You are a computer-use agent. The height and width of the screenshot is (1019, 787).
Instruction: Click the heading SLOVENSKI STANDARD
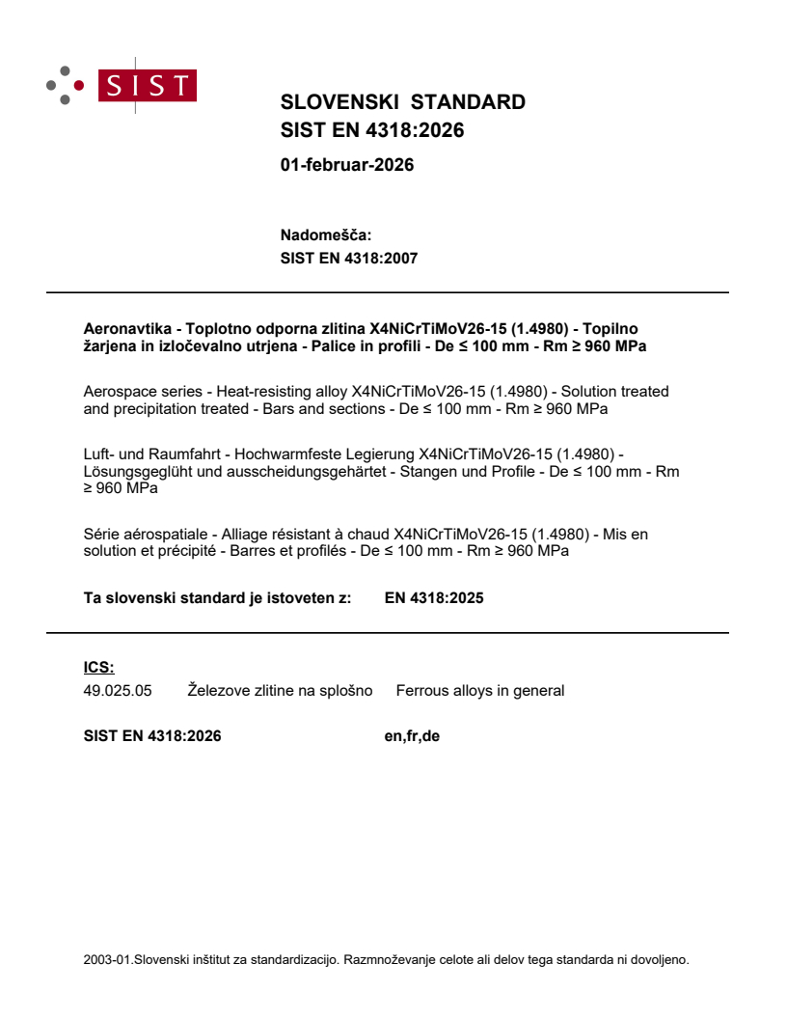(x=402, y=102)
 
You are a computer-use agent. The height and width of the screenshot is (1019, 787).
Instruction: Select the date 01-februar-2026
(x=346, y=165)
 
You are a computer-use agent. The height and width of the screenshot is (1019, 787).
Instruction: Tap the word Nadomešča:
(x=325, y=234)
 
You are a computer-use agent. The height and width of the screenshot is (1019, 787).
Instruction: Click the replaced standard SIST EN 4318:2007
(x=348, y=258)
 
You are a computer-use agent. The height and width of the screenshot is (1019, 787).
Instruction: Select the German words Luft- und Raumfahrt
(x=149, y=454)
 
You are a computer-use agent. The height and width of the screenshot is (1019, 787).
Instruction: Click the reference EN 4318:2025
(x=433, y=597)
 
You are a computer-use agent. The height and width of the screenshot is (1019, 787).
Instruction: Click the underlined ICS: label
(x=99, y=667)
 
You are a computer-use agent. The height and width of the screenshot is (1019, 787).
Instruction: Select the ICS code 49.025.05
(x=118, y=690)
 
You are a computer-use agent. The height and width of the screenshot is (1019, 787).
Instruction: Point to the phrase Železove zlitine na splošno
(x=280, y=690)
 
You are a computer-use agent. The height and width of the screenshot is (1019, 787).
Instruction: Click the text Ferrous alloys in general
(x=479, y=690)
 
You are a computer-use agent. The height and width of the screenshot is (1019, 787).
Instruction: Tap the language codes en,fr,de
(x=412, y=735)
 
